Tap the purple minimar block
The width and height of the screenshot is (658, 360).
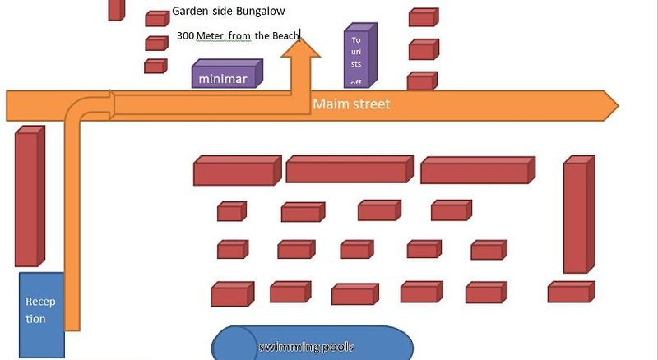coord(224,76)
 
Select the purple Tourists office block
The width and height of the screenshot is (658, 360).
coord(359,58)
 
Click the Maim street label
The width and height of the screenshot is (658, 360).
coord(350,105)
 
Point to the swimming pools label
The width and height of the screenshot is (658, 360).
coord(306,347)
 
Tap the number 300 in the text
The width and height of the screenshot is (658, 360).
coord(185,36)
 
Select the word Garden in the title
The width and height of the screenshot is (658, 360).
coord(189,12)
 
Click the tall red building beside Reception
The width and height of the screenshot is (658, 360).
coord(28,197)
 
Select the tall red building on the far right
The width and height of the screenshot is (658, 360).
coord(577,215)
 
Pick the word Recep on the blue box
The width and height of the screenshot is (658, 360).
coord(40,302)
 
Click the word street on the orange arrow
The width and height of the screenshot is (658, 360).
coord(370,105)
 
